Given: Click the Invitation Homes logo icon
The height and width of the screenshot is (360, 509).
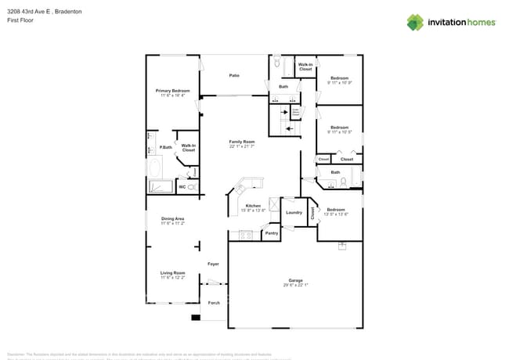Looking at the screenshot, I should pos(415,22).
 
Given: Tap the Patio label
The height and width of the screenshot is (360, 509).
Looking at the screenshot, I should pos(234,75).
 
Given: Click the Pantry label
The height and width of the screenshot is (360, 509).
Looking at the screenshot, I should pos(271,232).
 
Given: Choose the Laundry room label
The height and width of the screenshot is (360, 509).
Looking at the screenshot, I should pos(294,212).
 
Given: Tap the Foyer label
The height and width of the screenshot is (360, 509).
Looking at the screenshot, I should pos(213,264).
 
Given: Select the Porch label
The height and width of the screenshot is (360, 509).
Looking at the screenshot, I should pos(214,302).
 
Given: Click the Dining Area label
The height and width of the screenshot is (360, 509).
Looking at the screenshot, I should pos(172,220).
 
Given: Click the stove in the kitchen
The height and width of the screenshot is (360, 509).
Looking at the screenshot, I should pos(245,234).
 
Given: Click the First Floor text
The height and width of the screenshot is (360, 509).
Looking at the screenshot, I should pos(22,20).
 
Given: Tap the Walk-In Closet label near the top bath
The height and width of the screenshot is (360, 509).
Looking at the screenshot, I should pos(305,67).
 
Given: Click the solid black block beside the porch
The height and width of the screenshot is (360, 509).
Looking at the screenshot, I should pos(195,317).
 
